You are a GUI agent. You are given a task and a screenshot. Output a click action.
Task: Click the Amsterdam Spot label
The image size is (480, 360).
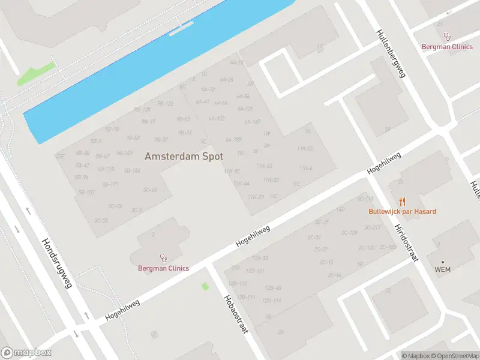pos(184,156)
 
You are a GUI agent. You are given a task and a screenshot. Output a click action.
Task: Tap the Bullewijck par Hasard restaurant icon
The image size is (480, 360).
pos(402,202)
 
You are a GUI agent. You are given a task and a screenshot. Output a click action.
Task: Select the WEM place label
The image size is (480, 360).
pos(442,269)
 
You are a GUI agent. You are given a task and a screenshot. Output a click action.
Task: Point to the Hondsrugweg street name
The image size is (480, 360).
pos(56,263)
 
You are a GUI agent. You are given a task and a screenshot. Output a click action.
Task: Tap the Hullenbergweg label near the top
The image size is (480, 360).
pos(391,53)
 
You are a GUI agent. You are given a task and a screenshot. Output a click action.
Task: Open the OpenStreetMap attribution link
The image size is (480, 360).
pos(452,356)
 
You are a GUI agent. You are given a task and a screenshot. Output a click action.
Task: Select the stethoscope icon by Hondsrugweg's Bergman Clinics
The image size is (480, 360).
pos(163,258)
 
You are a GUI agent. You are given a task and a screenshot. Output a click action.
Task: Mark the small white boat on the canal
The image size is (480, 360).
pos(181,29)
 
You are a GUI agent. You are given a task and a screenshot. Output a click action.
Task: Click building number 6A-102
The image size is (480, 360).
pos(217,118)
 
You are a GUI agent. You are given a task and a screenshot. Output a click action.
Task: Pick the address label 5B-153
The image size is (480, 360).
pos(86,193)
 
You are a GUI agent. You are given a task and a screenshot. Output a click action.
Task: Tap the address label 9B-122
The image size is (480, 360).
pos(165,103)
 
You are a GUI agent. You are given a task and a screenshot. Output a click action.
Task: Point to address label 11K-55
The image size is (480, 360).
pos(305,148)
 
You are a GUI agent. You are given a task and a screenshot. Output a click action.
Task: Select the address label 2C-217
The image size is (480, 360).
pos(373,227)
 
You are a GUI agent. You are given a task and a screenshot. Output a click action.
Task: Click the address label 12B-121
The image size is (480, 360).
pos(256,271)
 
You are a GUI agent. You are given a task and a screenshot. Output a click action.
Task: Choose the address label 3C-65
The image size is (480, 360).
pos(150,190)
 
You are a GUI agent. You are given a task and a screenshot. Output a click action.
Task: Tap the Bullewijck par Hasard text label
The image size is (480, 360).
pos(402,212)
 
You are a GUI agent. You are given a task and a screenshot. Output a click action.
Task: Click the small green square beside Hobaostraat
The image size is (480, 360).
pos(205,286)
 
